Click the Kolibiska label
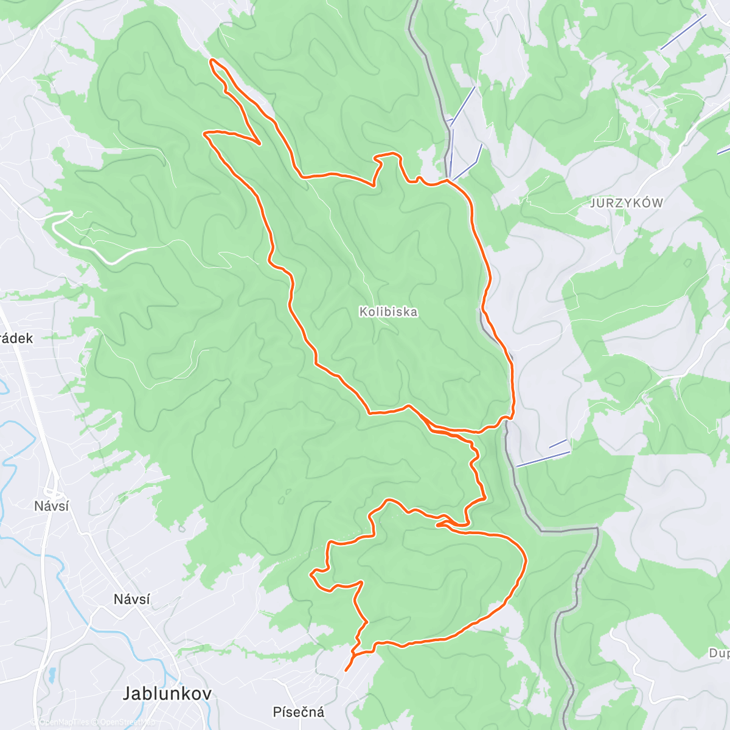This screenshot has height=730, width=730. coord(388,311)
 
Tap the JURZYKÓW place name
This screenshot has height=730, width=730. coord(626,203)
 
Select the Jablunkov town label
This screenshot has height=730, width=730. coord(167,693)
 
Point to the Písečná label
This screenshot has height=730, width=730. coord(299,712)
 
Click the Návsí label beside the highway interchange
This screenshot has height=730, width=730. coord(52,506)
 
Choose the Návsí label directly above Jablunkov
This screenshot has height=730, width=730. coord(132,599)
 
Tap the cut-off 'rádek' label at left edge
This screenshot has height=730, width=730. coord(16,338)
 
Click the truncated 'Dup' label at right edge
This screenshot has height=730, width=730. coord(718,653)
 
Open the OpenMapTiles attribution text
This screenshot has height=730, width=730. coord(60,722)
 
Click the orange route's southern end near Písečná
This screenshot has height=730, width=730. coord(346,670)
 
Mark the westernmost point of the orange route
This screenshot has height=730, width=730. coord(204,133)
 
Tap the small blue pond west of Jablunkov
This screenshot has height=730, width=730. coord(52,675)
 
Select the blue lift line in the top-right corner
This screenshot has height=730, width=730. coord(683,32)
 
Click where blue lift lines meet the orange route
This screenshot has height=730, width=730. coord(449,179)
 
